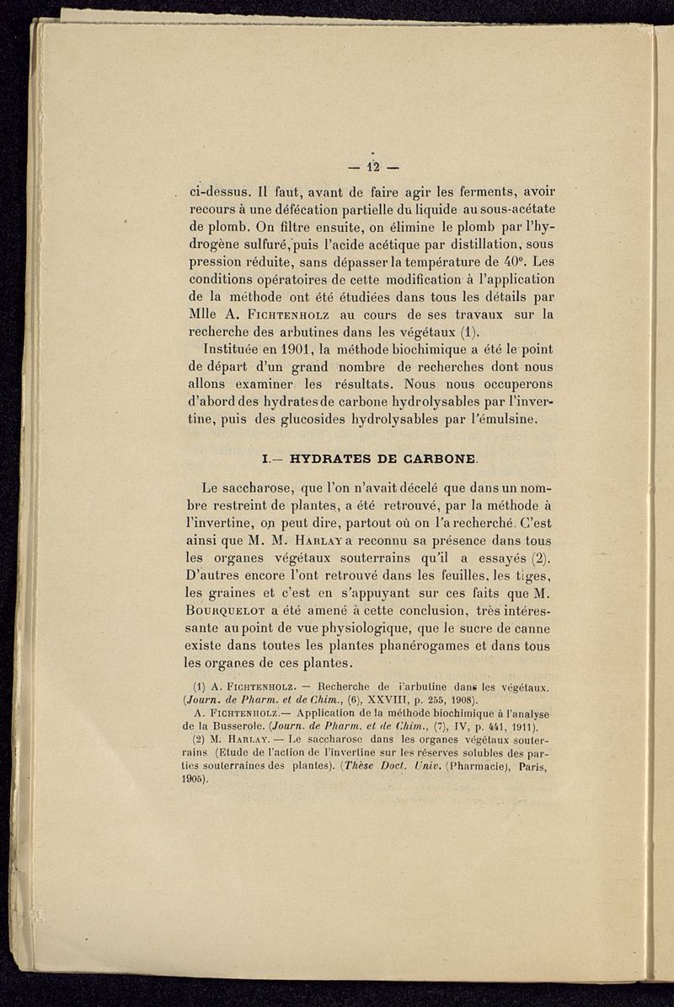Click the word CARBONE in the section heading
pos(433,460)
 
